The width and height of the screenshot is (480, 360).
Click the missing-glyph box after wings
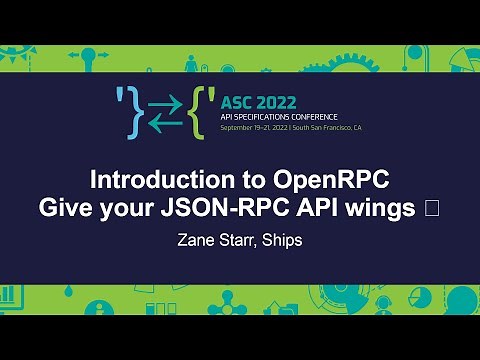(x=431, y=209)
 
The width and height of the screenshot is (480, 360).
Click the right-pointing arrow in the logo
(x=167, y=99)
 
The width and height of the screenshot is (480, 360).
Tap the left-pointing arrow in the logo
(x=167, y=121)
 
